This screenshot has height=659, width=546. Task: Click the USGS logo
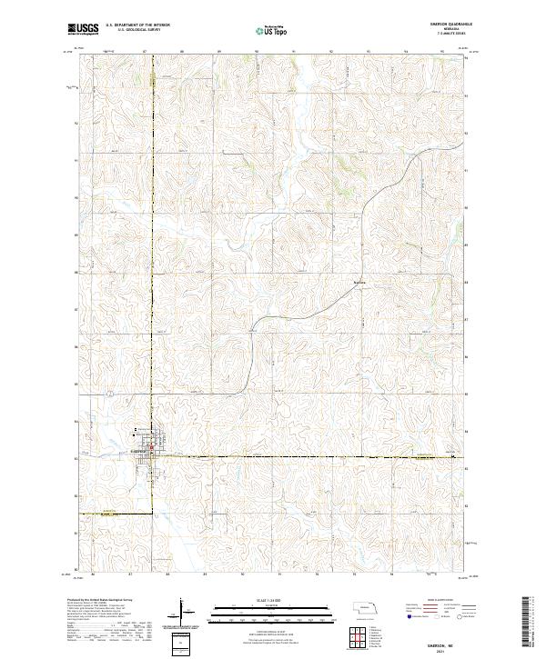84,29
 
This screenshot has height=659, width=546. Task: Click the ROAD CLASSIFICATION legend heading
440,601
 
